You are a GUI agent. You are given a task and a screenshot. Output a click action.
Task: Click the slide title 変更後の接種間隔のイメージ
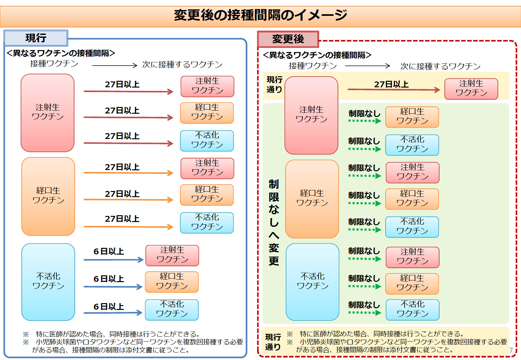[260, 15]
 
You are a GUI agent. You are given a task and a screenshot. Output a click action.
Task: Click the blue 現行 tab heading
[36, 38]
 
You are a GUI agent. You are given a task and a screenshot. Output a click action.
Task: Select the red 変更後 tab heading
[288, 39]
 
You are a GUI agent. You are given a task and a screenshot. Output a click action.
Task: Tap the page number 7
[511, 350]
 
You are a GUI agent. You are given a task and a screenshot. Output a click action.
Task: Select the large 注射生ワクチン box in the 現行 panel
[48, 112]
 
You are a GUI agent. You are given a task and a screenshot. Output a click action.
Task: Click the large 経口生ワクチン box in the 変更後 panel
[312, 198]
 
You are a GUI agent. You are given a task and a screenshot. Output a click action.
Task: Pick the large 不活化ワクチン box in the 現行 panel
[48, 281]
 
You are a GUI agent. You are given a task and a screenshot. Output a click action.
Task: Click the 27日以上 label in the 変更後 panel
[391, 84]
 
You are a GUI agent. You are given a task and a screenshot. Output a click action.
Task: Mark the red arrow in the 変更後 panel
[394, 90]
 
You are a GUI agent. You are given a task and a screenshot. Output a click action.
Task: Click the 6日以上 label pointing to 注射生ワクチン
[109, 251]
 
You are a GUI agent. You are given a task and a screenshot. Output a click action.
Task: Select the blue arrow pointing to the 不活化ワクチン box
[113, 312]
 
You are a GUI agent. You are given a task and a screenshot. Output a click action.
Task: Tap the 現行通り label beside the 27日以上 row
[274, 84]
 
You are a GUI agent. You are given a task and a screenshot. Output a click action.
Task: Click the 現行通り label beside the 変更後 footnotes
[273, 342]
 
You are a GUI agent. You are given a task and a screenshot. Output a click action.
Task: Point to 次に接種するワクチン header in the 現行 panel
[182, 65]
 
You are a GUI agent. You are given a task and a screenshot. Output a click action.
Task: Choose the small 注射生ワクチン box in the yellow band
[471, 88]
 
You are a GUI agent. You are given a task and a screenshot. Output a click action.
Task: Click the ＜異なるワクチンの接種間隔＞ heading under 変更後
[317, 55]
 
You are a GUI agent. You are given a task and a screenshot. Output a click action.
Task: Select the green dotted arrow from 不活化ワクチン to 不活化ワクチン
[365, 312]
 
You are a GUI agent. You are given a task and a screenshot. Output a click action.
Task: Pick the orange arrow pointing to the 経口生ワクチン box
[128, 200]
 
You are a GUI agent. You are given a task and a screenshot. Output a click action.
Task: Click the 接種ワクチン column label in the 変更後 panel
[313, 66]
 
